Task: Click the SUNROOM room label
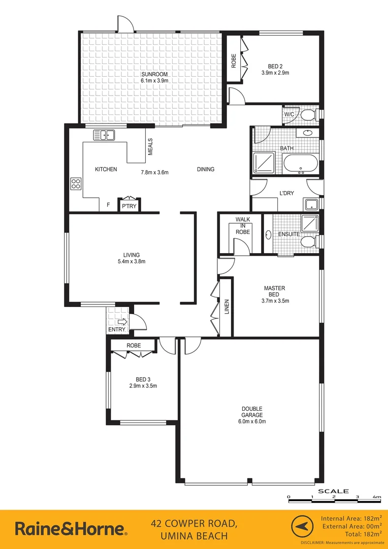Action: coord(154,75)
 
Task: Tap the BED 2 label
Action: coord(275,66)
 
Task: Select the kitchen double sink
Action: coord(104,135)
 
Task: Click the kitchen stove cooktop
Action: coord(76,184)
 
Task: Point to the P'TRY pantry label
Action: coord(129,206)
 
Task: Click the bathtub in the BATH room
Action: coord(300,164)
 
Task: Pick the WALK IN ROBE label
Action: coord(243,225)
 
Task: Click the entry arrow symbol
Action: coord(121,321)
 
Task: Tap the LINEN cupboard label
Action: coord(227,308)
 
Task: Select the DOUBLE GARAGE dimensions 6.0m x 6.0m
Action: coord(252,421)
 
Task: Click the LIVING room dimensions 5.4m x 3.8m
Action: coord(131,262)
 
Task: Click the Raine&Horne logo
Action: coord(71,529)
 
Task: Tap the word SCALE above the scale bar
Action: coord(333,491)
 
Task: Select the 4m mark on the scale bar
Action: coord(377,497)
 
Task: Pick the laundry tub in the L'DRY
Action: coord(311,205)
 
